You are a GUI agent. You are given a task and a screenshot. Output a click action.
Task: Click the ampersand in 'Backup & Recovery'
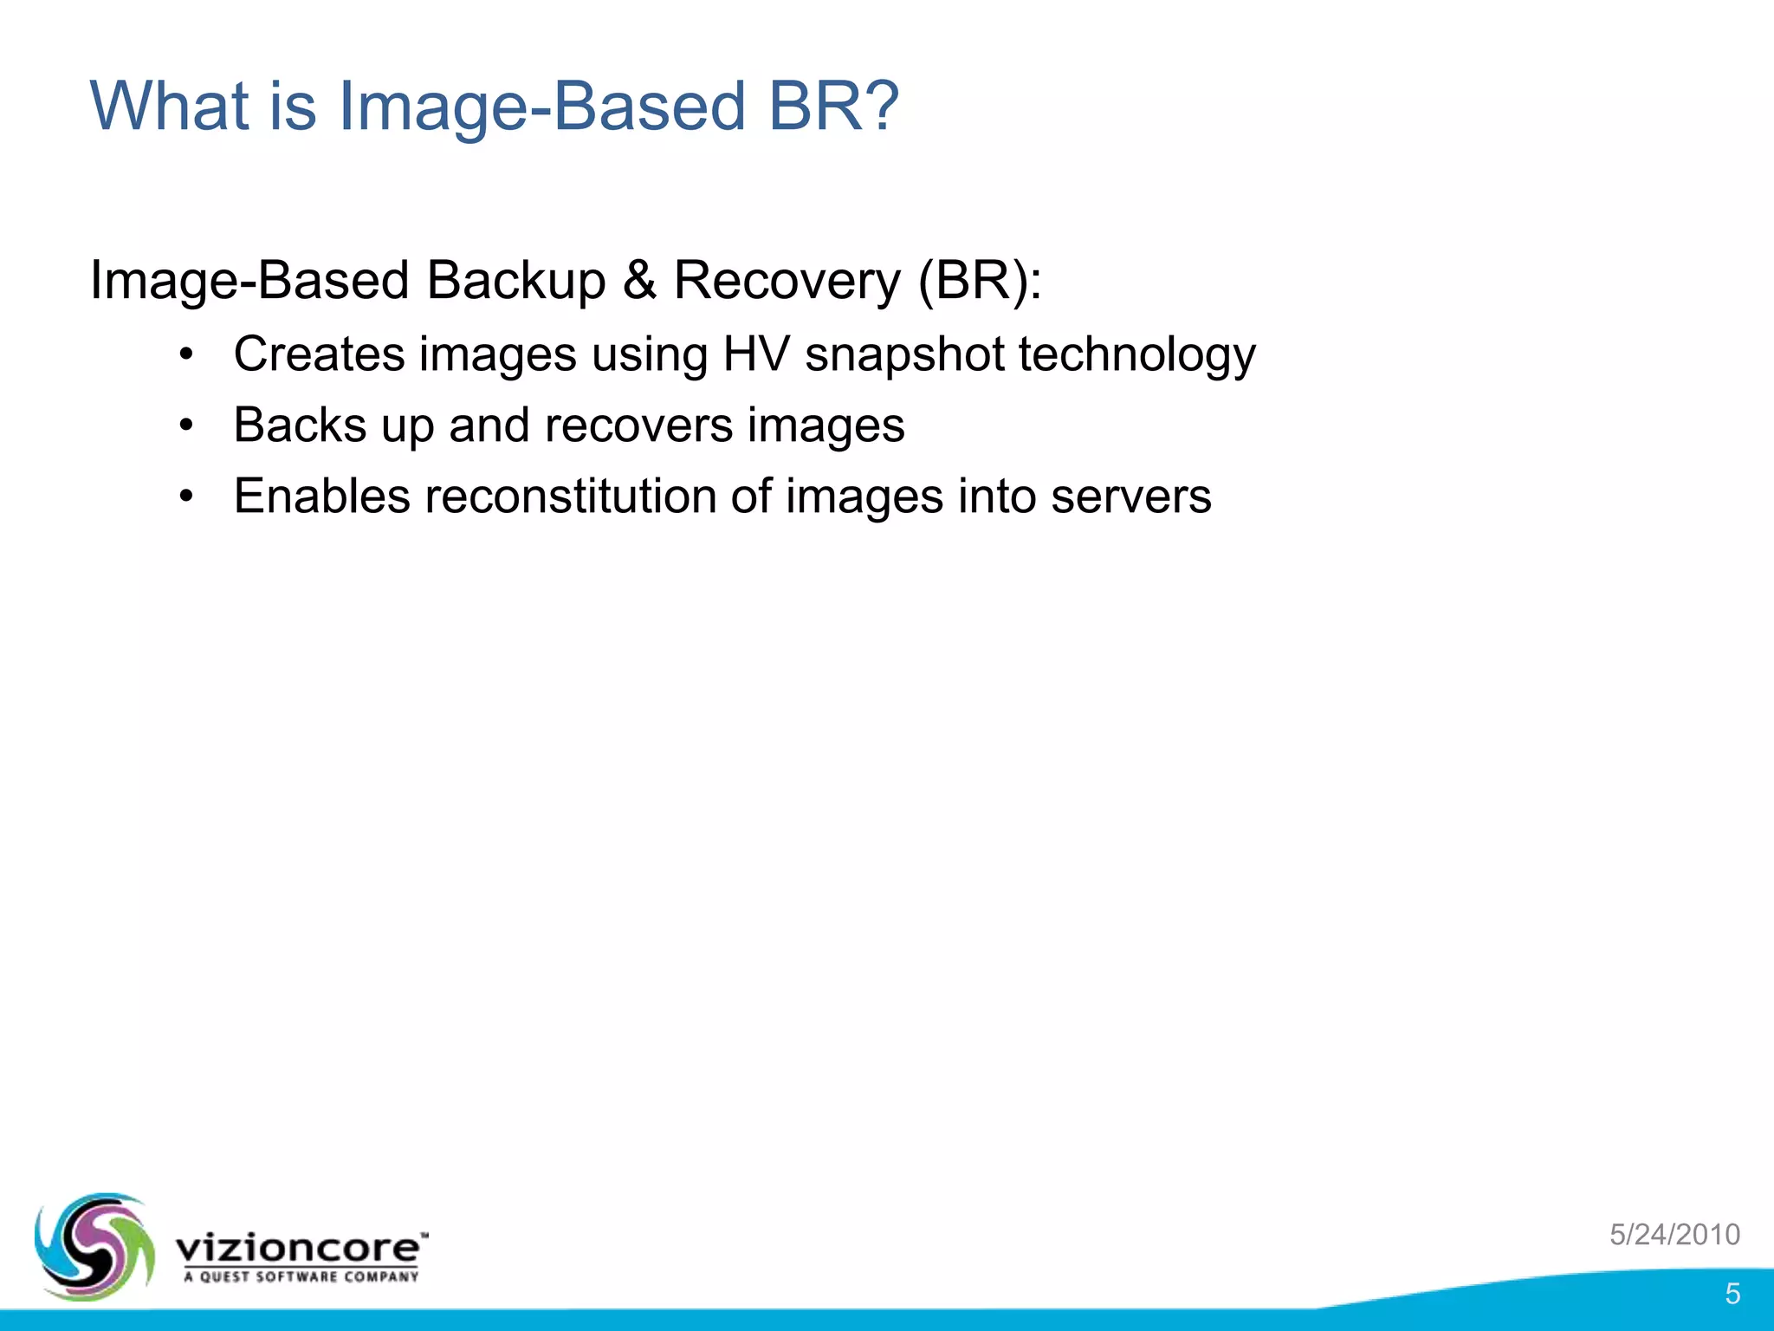tap(639, 281)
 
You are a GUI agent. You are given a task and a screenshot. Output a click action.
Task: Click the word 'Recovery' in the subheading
tap(787, 281)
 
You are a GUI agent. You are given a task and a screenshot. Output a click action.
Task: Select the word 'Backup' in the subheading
tap(515, 281)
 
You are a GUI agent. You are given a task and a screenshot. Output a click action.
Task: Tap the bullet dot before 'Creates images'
tap(185, 355)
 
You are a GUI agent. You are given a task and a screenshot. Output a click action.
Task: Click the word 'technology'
tap(1136, 354)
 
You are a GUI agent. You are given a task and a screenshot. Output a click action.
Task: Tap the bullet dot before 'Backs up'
tap(185, 426)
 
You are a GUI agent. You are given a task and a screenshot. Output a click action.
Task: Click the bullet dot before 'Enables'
tap(185, 497)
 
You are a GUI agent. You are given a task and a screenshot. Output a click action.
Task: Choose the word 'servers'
tap(1130, 497)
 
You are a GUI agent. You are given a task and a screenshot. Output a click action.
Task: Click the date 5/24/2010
tap(1674, 1234)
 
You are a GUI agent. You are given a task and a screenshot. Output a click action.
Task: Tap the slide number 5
tap(1732, 1294)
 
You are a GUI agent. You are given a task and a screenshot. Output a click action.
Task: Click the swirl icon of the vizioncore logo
tap(94, 1246)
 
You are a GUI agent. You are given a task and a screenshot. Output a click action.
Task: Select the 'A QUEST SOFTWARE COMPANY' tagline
tap(301, 1276)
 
